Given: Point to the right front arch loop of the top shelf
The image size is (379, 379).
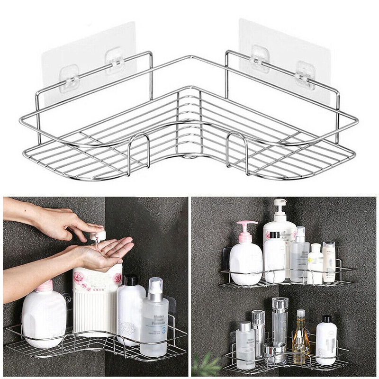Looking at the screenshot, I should [x=238, y=150].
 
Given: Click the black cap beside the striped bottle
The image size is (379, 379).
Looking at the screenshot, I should [x=131, y=280].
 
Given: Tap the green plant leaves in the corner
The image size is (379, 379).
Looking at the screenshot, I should [x=207, y=365].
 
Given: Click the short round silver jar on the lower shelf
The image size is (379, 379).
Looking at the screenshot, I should [x=275, y=353].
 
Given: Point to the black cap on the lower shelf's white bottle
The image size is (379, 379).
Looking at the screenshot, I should [x=326, y=319].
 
